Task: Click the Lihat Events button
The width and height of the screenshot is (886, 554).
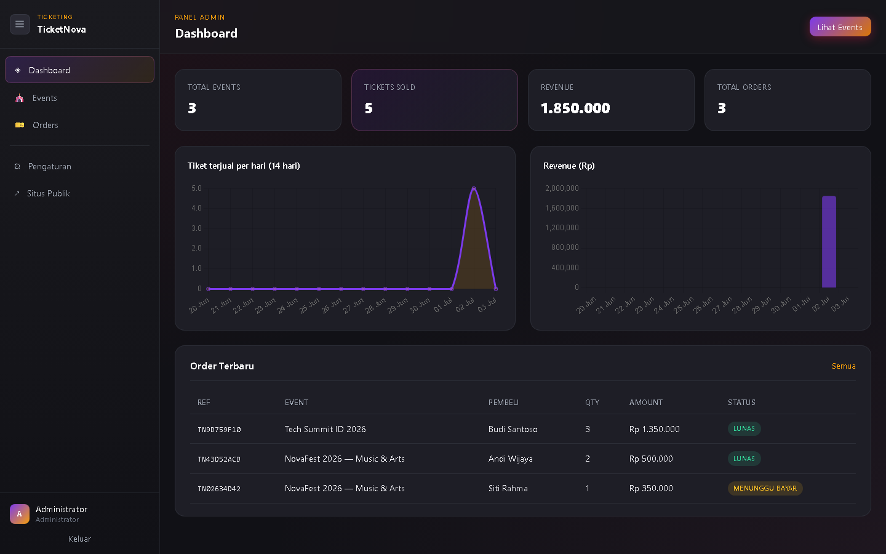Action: (840, 27)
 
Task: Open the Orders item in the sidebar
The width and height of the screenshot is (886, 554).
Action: (45, 125)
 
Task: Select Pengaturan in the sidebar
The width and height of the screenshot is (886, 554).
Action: (49, 166)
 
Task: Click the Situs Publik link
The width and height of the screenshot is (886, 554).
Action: (48, 193)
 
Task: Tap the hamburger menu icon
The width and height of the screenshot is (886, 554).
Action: (20, 24)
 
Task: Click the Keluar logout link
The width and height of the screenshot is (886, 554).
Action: (79, 539)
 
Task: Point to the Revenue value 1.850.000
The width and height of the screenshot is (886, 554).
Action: (575, 108)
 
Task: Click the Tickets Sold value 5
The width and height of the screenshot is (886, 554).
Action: (368, 108)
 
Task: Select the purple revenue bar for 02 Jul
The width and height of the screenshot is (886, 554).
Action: (829, 241)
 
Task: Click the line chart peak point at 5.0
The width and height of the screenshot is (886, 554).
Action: (474, 188)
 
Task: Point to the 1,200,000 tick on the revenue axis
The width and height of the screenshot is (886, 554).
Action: (562, 228)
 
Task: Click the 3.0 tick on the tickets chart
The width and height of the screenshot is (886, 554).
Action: (197, 228)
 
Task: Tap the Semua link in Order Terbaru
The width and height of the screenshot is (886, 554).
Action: (844, 366)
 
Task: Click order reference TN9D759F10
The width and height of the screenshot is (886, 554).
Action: (219, 430)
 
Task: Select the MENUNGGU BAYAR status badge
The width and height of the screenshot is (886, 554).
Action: (765, 488)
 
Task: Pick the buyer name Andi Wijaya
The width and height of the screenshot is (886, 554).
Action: (510, 459)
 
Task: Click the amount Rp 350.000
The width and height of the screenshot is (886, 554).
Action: (651, 488)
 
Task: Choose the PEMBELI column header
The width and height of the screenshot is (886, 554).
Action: (503, 403)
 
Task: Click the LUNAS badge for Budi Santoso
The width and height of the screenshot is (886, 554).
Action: (744, 428)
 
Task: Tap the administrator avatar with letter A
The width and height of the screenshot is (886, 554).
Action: (20, 513)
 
